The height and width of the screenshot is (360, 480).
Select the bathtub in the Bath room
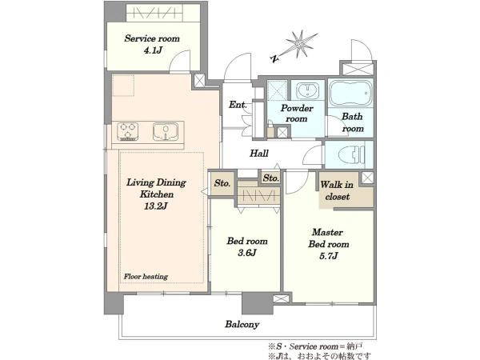pyautogui.click(x=350, y=93)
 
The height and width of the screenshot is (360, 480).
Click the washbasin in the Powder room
pyautogui.click(x=307, y=90)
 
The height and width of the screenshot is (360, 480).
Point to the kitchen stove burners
pyautogui.click(x=128, y=132)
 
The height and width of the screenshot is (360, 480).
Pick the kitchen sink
pyautogui.click(x=166, y=132)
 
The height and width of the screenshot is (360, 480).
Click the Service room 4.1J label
pyautogui.click(x=152, y=44)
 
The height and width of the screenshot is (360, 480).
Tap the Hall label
pyautogui.click(x=259, y=153)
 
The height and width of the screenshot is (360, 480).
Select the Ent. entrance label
pyautogui.click(x=238, y=105)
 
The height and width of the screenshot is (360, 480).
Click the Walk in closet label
pyautogui.click(x=337, y=190)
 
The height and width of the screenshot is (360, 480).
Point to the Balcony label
pyautogui.click(x=242, y=325)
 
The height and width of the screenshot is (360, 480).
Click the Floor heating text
pyautogui.click(x=146, y=277)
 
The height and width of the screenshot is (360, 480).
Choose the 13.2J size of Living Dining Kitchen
pyautogui.click(x=156, y=206)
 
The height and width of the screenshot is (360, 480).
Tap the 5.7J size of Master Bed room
pyautogui.click(x=329, y=256)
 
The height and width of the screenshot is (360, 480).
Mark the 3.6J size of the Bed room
pyautogui.click(x=247, y=253)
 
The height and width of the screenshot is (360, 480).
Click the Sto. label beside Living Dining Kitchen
pyautogui.click(x=222, y=183)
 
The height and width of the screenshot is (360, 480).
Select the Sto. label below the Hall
pyautogui.click(x=271, y=178)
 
